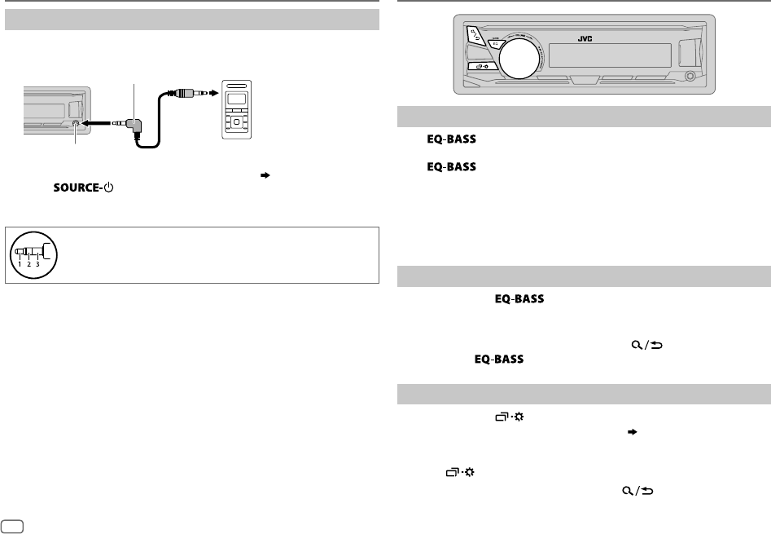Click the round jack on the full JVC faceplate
click(x=690, y=77)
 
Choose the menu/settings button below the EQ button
click(x=483, y=67)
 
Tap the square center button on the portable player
click(x=235, y=122)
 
